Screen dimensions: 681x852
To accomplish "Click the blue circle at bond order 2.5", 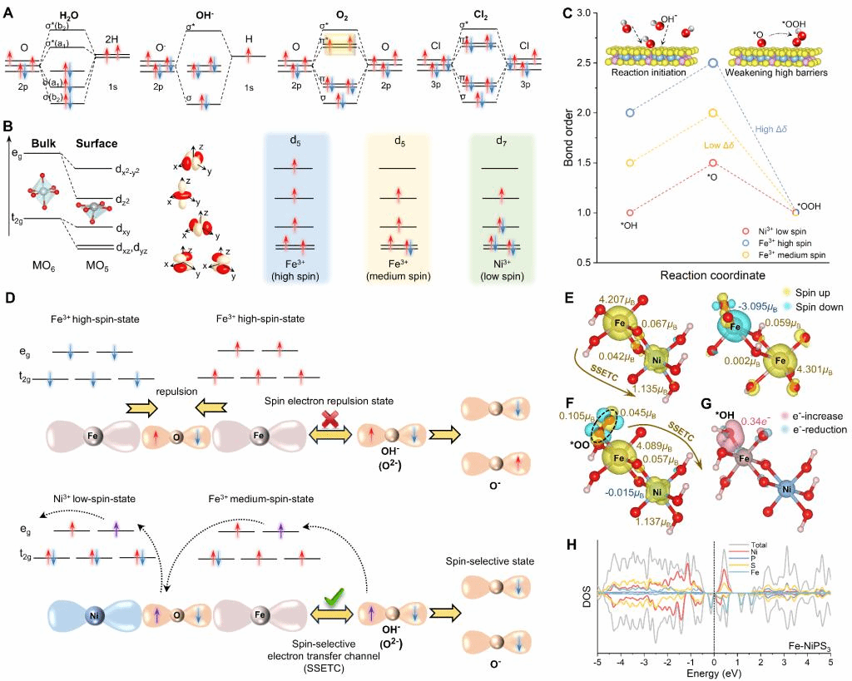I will [712, 62].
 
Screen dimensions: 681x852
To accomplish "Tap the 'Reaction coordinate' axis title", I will [712, 274].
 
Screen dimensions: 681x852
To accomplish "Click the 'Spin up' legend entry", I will [816, 294].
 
